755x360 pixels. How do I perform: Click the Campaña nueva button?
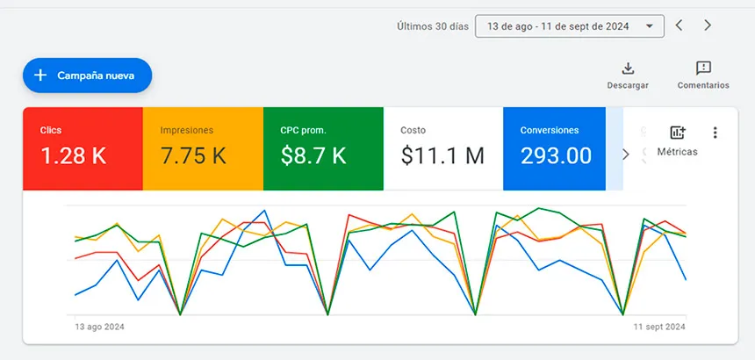point(88,76)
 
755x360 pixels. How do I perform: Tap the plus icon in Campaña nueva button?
point(40,76)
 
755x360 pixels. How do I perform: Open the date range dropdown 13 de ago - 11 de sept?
point(569,26)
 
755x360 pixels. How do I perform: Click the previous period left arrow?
point(679,25)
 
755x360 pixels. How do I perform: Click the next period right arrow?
point(708,25)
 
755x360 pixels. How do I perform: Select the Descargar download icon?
point(628,68)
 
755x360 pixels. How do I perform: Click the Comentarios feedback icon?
point(702,68)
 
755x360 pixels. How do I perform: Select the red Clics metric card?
point(83,148)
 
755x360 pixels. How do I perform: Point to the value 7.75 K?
point(193,156)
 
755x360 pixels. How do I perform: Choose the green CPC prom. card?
point(323,148)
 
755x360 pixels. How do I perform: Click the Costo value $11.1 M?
point(442,156)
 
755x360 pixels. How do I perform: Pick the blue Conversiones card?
point(554,148)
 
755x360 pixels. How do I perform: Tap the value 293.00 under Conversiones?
point(556,156)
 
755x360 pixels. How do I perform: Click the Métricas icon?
point(677,133)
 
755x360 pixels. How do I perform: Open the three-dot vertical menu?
point(715,133)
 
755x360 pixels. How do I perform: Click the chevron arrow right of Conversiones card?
point(625,155)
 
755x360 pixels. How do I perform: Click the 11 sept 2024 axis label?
point(658,327)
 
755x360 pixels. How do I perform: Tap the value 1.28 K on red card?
point(74,156)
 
